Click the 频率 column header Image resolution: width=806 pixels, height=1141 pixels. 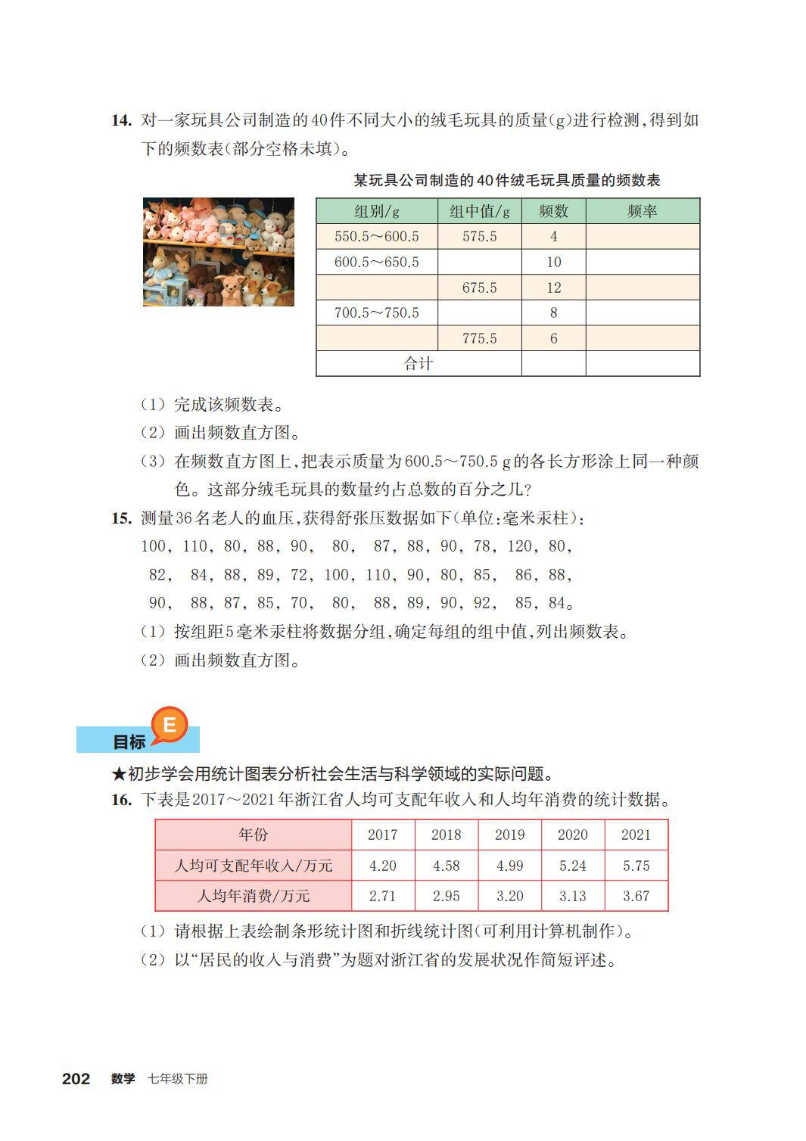[x=642, y=211]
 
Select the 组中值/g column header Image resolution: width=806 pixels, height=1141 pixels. [x=479, y=211]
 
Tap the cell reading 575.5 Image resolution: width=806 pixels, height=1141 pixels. [x=479, y=237]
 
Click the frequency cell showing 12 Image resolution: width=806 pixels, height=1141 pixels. [x=553, y=288]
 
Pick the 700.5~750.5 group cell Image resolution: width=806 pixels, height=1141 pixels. [x=376, y=312]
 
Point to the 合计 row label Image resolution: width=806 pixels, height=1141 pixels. [x=418, y=364]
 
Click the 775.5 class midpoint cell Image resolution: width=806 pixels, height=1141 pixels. [x=479, y=338]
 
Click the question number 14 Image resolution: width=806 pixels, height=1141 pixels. [x=121, y=120]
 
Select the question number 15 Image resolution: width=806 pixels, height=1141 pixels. [x=121, y=518]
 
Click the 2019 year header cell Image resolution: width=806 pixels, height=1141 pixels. [x=509, y=835]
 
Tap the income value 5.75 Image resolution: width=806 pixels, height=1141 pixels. [x=636, y=866]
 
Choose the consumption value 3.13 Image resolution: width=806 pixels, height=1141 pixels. [x=572, y=896]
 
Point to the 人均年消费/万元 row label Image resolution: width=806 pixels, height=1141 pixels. [x=254, y=896]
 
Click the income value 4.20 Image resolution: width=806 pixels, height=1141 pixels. [x=382, y=866]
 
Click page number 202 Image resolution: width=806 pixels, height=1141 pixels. [x=76, y=1079]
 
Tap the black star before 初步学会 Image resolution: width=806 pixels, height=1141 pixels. [x=118, y=774]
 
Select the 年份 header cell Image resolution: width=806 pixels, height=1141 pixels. [x=254, y=835]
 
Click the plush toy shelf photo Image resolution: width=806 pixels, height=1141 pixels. [x=219, y=252]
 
